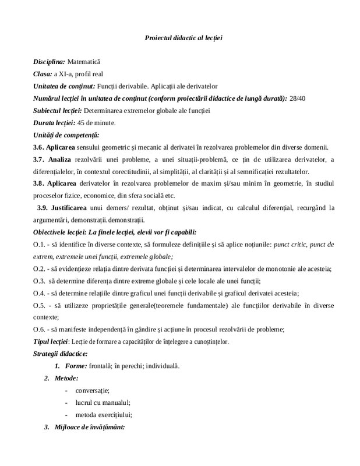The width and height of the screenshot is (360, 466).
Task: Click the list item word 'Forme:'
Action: coord(76,366)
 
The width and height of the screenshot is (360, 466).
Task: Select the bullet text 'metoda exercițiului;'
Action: coord(104,415)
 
